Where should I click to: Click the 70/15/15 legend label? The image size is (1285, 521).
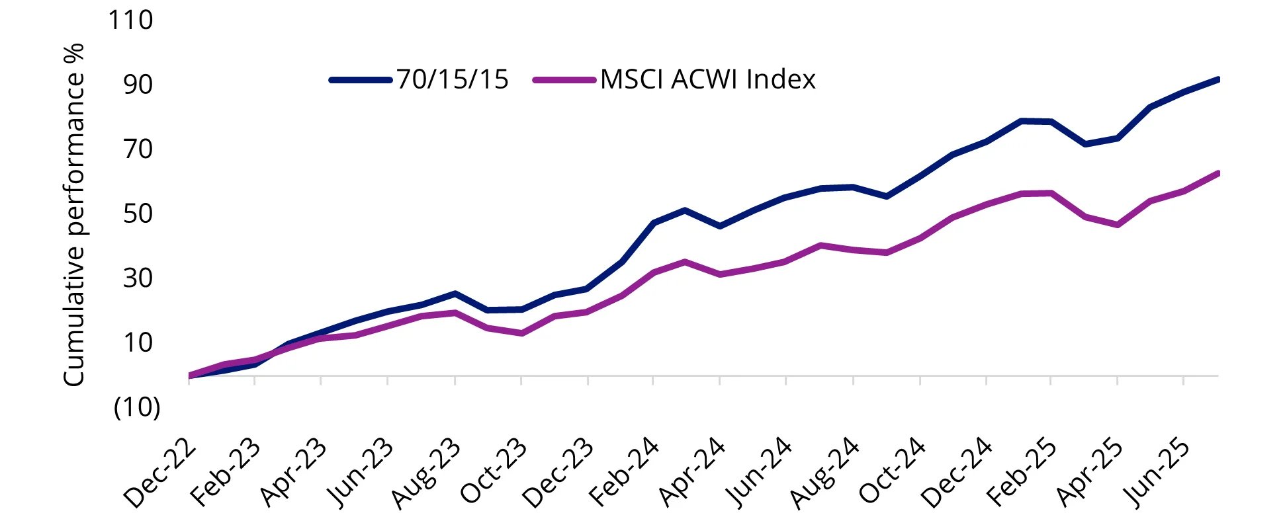[x=453, y=80]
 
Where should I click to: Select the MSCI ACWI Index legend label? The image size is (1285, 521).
[x=708, y=80]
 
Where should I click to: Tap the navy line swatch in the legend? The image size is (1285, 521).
[x=361, y=80]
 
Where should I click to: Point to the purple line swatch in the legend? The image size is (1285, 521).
[x=564, y=80]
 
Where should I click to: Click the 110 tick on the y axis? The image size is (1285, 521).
[x=130, y=20]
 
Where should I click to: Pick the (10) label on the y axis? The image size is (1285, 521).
[x=137, y=407]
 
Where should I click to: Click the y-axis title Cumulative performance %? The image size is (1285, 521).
[x=74, y=214]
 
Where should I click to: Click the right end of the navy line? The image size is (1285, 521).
[x=1217, y=80]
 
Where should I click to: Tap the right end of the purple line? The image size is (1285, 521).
[x=1217, y=173]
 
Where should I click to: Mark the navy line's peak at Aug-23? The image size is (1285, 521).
[x=455, y=293]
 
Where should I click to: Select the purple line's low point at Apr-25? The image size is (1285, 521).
[x=1118, y=225]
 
